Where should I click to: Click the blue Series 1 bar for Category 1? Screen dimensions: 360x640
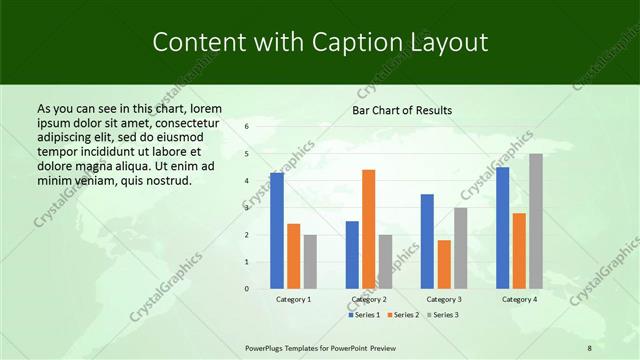coord(277,231)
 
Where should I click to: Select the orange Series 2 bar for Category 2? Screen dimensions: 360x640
coord(369,229)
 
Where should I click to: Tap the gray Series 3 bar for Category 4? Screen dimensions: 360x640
coord(536,221)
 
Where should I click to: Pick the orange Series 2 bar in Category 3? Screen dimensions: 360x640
coord(444,264)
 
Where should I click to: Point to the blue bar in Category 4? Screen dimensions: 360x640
coord(502,228)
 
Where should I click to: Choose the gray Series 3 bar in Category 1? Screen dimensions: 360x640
coord(311,262)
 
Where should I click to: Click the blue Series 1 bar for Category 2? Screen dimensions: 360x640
coord(352,255)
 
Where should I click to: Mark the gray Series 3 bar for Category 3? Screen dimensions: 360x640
coord(461,248)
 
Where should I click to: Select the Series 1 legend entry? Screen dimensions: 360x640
coord(364,316)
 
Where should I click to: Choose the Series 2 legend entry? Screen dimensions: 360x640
coord(402,316)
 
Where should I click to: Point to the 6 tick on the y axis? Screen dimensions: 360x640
coord(246,127)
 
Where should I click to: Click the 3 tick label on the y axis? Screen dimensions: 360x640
coord(246,208)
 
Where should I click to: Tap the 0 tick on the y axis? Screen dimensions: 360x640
coord(246,289)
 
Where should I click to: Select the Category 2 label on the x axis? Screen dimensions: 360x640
coord(369,299)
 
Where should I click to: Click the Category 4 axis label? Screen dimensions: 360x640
coord(518,299)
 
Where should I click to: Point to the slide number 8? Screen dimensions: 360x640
coord(589,347)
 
